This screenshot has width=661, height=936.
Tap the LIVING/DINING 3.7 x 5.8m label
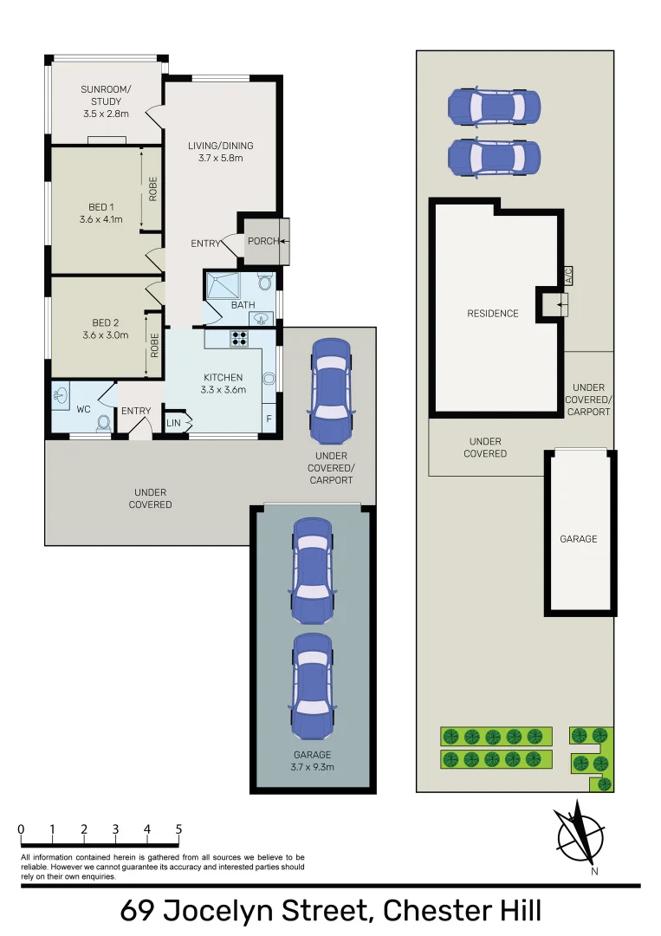(x=221, y=152)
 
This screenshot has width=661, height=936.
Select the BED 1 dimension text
(x=100, y=219)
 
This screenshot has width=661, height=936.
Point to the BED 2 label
(x=106, y=323)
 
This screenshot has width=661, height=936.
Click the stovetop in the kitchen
(x=239, y=339)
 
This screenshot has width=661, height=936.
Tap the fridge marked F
(x=269, y=419)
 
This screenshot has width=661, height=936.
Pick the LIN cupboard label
(x=173, y=423)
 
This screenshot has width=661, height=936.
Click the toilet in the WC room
(x=104, y=423)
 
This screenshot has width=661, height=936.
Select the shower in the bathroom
(x=223, y=285)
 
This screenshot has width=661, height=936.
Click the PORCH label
(x=263, y=241)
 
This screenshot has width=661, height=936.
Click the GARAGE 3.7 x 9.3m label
(x=312, y=761)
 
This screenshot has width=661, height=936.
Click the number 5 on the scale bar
(x=178, y=829)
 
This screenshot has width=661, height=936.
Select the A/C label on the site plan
(x=568, y=276)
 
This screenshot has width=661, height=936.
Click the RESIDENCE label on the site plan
(x=493, y=314)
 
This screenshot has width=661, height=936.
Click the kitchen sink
(x=269, y=379)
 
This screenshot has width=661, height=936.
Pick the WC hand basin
(x=61, y=395)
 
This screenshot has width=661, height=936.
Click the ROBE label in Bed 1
(x=153, y=189)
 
